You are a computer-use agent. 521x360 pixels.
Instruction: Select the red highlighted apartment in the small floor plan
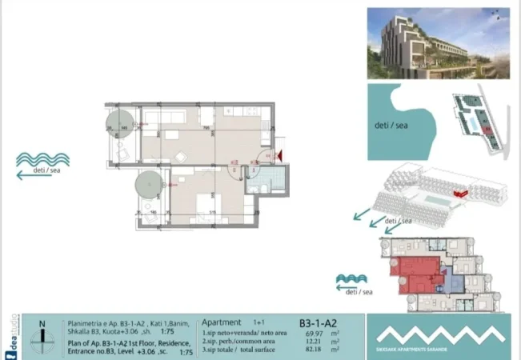point(415,274)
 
